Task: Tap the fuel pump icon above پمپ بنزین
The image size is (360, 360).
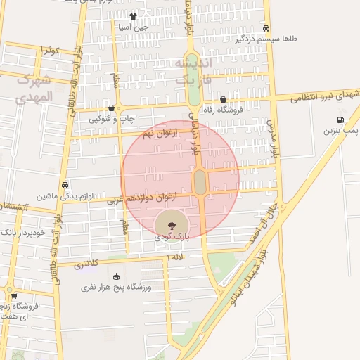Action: [341, 120]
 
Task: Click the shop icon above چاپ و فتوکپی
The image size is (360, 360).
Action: [112, 108]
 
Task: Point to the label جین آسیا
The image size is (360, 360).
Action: [133, 27]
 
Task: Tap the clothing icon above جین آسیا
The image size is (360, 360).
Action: [133, 15]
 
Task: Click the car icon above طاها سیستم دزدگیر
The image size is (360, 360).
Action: [266, 28]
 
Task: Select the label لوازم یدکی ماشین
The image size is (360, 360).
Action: [66, 196]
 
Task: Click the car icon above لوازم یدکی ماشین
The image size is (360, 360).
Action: [65, 186]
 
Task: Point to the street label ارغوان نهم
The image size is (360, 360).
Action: [156, 134]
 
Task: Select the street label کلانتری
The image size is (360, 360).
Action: [86, 264]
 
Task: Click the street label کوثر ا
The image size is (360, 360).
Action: [51, 50]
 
